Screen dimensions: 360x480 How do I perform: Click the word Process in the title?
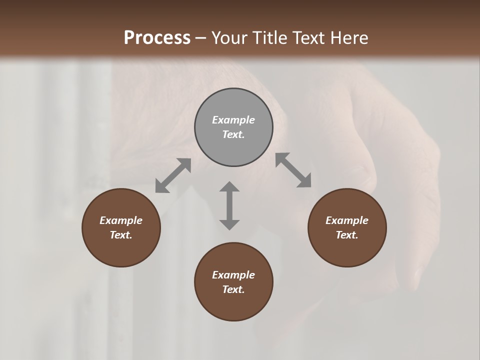(x=157, y=38)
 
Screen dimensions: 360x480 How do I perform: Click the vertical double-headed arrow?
(x=229, y=205)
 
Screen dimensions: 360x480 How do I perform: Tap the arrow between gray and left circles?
(x=173, y=175)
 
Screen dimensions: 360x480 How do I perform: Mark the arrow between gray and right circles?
(x=293, y=170)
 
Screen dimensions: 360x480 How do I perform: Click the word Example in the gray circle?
(x=233, y=120)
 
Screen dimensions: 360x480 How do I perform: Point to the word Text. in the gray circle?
(x=233, y=134)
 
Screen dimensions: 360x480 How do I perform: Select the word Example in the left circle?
(x=121, y=220)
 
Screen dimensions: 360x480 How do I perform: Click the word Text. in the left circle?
(x=121, y=235)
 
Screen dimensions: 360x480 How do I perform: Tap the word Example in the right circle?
(x=347, y=220)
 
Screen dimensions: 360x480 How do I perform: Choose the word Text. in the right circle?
(x=347, y=235)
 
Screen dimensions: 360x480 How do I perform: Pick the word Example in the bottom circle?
(x=233, y=275)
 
